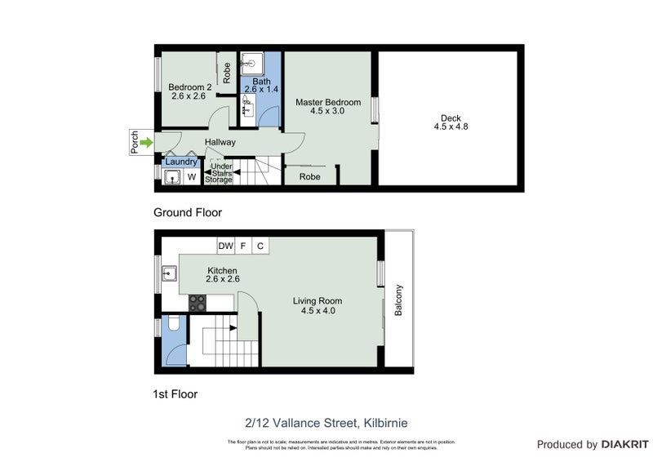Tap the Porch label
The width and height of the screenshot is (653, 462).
pyautogui.click(x=135, y=143)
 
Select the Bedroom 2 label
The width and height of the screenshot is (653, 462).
pyautogui.click(x=189, y=87)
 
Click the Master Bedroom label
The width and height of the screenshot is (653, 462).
pyautogui.click(x=328, y=102)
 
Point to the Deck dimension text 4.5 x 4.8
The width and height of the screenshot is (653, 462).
pyautogui.click(x=451, y=127)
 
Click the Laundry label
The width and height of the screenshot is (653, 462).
pyautogui.click(x=181, y=162)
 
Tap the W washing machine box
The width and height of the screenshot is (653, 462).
pyautogui.click(x=192, y=175)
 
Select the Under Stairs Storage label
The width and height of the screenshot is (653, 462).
pyautogui.click(x=219, y=173)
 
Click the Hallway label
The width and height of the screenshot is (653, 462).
pyautogui.click(x=220, y=142)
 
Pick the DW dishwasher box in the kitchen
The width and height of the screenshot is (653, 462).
pyautogui.click(x=225, y=246)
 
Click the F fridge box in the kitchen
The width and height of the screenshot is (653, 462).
pyautogui.click(x=243, y=246)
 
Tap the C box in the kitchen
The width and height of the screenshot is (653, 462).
pyautogui.click(x=260, y=246)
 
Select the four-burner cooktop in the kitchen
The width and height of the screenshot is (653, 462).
pyautogui.click(x=198, y=302)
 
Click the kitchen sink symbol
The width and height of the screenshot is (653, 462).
pyautogui.click(x=171, y=273)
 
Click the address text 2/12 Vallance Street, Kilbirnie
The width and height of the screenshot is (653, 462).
pyautogui.click(x=326, y=423)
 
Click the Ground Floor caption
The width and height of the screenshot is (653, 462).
pyautogui.click(x=188, y=212)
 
